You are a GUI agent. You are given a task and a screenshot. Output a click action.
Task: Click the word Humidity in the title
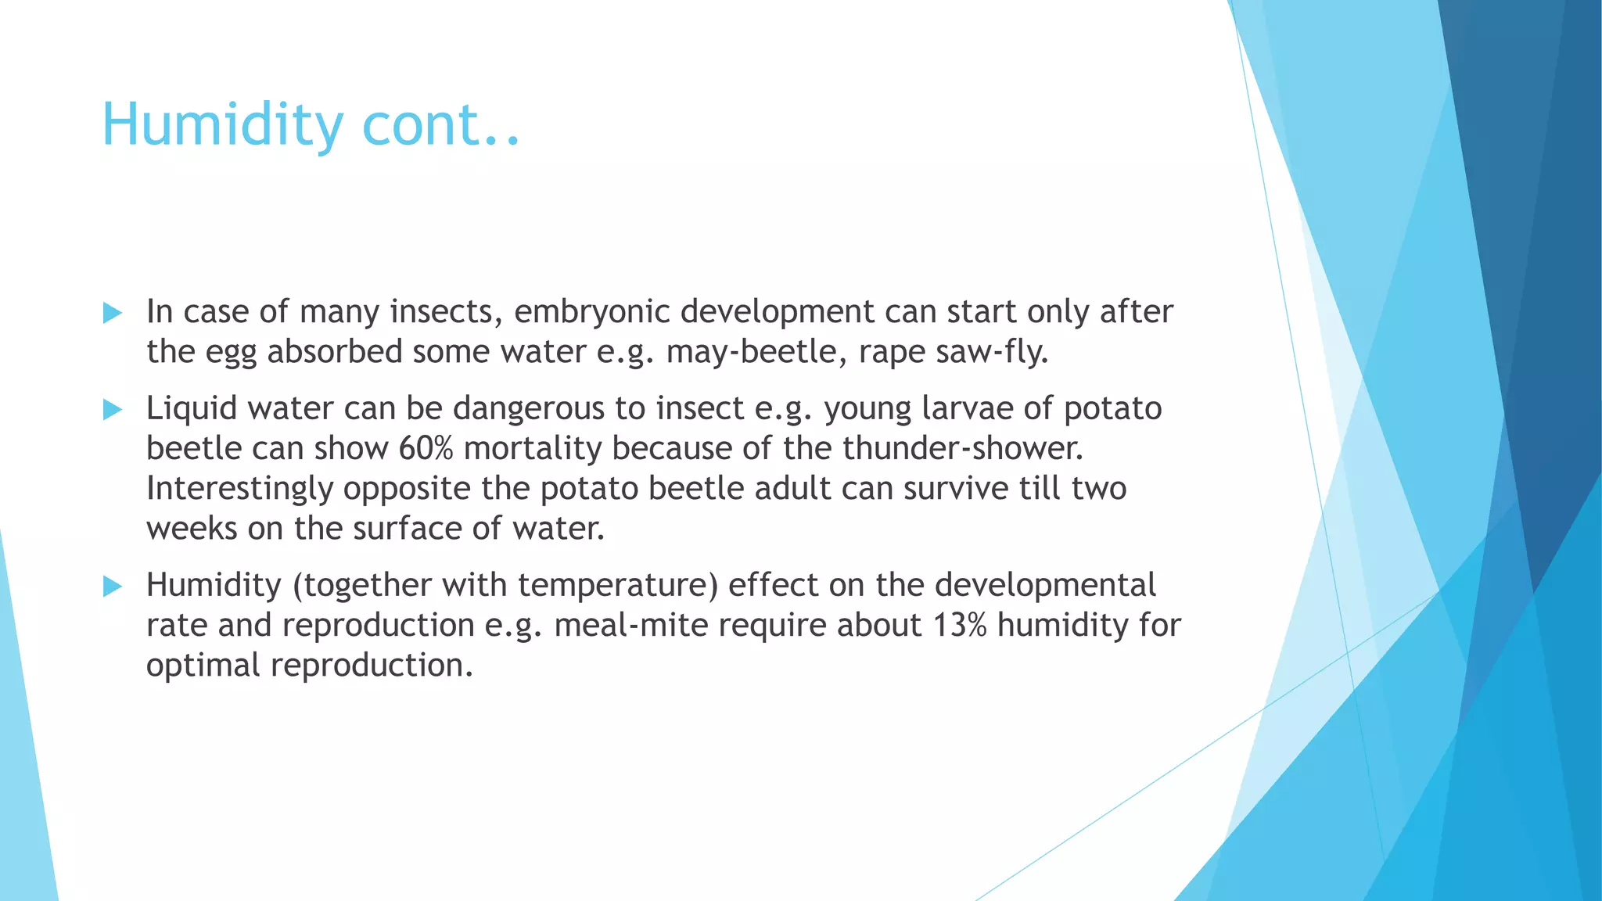point(223,125)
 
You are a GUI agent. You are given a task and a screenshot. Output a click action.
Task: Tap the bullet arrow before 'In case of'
point(113,314)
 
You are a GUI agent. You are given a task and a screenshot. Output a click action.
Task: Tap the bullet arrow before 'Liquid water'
point(113,409)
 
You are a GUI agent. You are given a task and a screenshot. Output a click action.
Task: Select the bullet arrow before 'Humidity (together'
point(113,586)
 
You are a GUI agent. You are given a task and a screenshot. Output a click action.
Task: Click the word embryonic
point(591,312)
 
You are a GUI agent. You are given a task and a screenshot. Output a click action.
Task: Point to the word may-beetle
point(751,352)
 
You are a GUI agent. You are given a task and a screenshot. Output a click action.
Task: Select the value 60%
point(426,448)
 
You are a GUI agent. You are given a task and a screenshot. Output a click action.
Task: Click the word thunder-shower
point(962,448)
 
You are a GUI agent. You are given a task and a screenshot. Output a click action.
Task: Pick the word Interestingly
point(239,489)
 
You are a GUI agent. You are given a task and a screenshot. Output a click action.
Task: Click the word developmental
point(1045,585)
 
